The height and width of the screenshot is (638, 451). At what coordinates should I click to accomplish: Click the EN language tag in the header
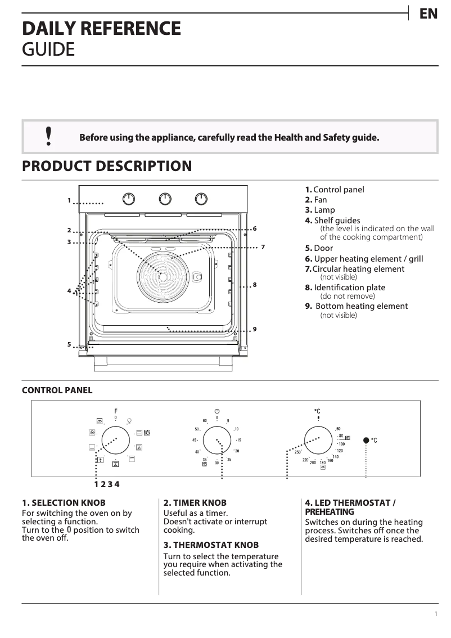pyautogui.click(x=429, y=14)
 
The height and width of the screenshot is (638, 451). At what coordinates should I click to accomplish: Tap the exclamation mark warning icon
pyautogui.click(x=49, y=136)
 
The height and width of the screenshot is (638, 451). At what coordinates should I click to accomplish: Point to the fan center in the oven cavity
pyautogui.click(x=162, y=276)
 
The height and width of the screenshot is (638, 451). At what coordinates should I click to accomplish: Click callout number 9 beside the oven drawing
pyautogui.click(x=255, y=329)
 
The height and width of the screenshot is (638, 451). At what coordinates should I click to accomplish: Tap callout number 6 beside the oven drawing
pyautogui.click(x=255, y=228)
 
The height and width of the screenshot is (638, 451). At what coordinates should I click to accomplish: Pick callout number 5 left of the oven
pyautogui.click(x=69, y=344)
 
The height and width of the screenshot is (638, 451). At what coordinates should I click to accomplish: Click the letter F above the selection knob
pyautogui.click(x=116, y=411)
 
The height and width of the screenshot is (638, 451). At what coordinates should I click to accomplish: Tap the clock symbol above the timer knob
pyautogui.click(x=217, y=411)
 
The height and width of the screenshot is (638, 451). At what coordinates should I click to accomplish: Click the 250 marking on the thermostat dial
pyautogui.click(x=297, y=452)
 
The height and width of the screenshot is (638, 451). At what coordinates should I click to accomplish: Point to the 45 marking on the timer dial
pyautogui.click(x=195, y=440)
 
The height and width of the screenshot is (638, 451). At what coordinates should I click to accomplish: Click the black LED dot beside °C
pyautogui.click(x=366, y=440)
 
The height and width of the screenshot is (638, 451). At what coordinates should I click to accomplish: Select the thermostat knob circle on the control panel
pyautogui.click(x=318, y=439)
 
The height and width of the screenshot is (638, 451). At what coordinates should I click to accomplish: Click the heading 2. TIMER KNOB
pyautogui.click(x=195, y=502)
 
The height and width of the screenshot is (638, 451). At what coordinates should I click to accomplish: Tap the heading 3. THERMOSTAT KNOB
pyautogui.click(x=211, y=545)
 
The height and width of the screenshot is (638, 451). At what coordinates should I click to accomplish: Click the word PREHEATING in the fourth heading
pyautogui.click(x=330, y=512)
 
